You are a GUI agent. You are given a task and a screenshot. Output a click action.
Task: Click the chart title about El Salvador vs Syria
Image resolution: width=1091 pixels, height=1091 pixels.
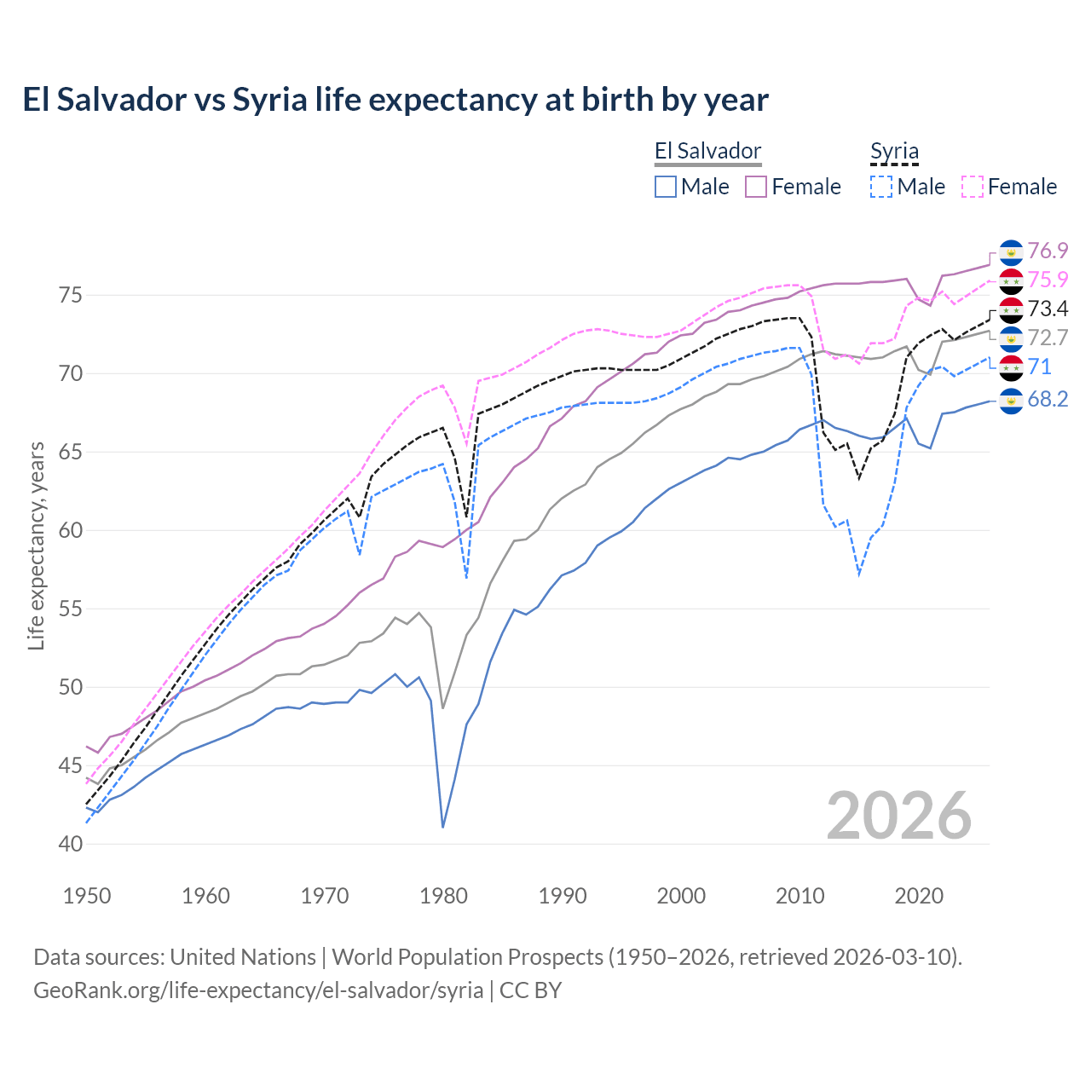[395, 100]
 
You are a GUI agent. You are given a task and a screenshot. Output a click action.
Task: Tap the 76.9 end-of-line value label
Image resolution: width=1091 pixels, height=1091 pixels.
[1048, 251]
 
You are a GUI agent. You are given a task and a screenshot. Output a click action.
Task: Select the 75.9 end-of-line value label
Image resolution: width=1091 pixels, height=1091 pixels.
[1048, 280]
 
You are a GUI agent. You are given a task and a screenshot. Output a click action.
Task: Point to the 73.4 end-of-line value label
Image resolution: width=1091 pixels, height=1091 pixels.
[1048, 309]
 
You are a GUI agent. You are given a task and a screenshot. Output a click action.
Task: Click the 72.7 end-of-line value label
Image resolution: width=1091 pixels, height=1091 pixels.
[1048, 338]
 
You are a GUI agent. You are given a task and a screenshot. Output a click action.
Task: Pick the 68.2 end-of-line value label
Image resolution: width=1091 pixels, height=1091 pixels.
[1048, 399]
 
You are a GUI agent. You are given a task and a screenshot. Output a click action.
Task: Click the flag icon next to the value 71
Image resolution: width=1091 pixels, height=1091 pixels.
[1011, 368]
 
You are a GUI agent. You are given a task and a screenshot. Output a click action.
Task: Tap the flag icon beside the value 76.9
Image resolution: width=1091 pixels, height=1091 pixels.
[1011, 253]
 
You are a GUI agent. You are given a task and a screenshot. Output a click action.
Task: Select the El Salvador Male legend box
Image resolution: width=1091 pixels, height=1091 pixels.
[666, 187]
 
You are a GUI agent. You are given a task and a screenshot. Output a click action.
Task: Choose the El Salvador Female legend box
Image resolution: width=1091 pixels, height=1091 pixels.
[756, 187]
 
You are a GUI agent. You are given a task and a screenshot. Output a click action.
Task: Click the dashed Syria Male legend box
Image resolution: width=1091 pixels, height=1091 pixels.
[881, 187]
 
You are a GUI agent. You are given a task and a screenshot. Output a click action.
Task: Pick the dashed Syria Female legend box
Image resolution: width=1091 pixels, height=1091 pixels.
[973, 187]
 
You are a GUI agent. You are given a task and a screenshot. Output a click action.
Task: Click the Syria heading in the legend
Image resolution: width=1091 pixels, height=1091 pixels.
[894, 152]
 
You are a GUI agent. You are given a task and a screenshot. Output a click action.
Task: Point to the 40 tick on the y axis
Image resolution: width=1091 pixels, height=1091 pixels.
[71, 844]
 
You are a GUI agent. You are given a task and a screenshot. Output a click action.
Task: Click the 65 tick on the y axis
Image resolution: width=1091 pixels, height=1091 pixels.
[71, 452]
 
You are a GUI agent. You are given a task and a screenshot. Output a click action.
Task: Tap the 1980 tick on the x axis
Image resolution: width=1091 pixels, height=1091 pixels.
[443, 896]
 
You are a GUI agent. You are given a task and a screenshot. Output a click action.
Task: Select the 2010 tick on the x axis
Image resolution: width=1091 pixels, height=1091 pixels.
[799, 896]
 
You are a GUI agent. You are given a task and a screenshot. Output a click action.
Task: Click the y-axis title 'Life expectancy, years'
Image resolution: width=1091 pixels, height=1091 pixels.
[36, 545]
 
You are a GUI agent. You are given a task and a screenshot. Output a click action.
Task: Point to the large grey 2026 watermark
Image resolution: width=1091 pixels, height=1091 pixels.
[899, 816]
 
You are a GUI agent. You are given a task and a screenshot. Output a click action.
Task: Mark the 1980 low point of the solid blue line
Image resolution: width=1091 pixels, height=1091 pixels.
[443, 827]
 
